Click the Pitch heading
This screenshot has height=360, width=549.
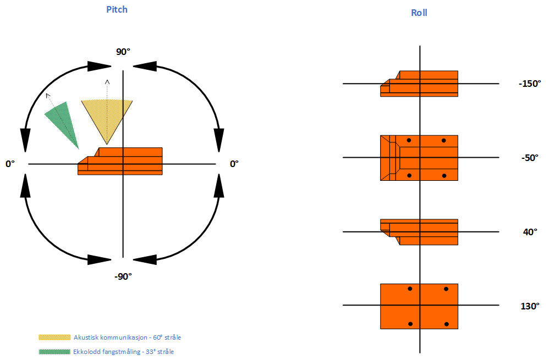tap(117, 9)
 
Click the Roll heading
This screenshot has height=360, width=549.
tap(419, 13)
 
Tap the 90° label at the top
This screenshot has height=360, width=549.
tap(123, 52)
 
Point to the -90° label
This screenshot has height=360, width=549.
tap(123, 276)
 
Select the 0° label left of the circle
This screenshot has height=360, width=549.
tap(10, 164)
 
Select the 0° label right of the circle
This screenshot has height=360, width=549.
tap(234, 164)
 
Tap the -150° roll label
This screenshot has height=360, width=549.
tap(530, 84)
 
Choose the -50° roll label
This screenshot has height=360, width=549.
tap(529, 158)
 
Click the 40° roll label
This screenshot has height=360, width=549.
tap(530, 232)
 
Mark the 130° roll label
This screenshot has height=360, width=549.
tap(530, 306)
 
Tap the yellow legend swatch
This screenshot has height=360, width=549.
tap(54, 337)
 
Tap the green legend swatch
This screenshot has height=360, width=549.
tap(54, 351)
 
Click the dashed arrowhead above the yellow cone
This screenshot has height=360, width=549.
tap(107, 82)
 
